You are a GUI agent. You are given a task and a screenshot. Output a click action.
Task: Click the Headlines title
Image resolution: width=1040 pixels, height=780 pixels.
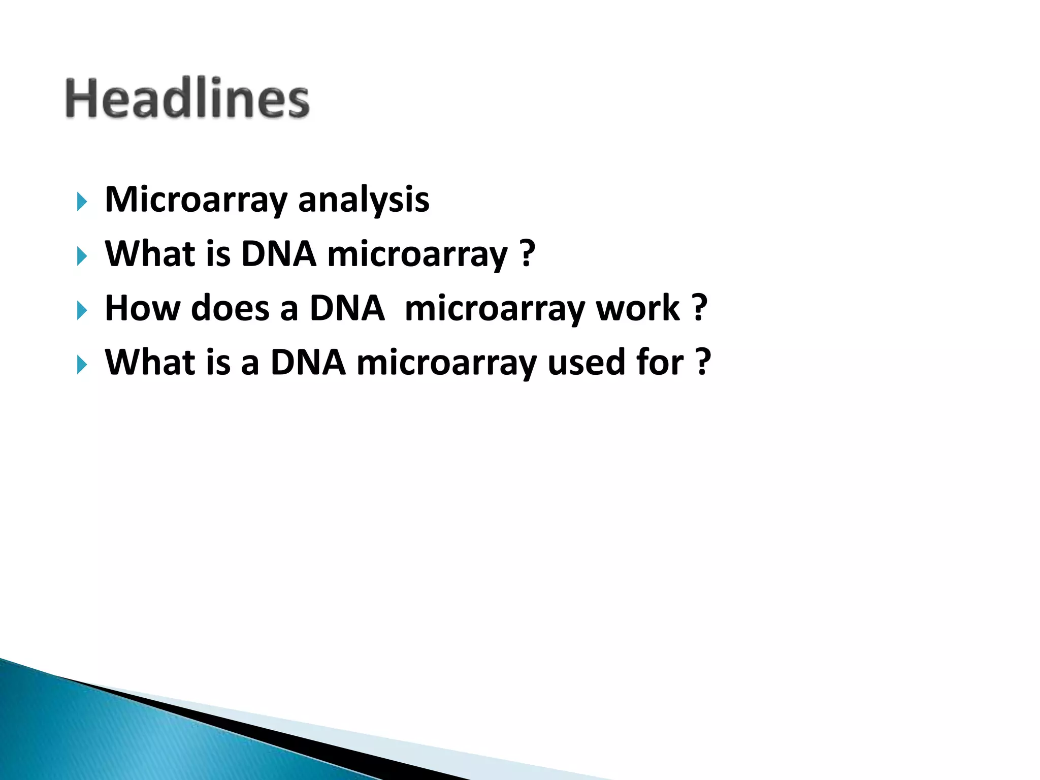tap(187, 99)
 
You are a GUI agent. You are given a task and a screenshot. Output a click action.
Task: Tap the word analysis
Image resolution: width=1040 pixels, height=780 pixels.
tap(364, 200)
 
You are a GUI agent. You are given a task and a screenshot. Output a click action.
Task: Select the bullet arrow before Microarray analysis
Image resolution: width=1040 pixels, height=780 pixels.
tap(82, 202)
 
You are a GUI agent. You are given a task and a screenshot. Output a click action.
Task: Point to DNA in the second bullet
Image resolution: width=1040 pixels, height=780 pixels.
tap(279, 254)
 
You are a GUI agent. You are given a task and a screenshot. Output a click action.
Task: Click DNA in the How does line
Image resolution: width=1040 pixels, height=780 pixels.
tap(347, 308)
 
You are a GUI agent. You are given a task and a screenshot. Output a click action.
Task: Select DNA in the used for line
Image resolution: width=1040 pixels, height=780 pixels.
tap(308, 363)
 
